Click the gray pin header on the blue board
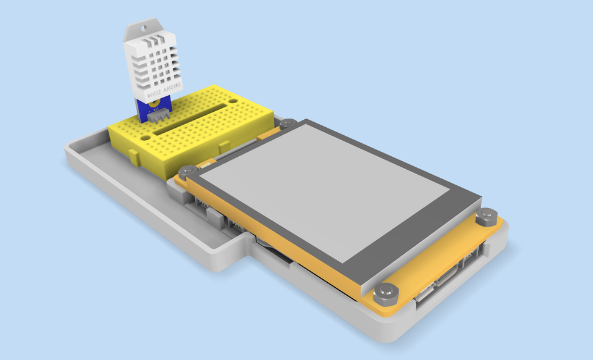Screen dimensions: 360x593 tap(160, 115)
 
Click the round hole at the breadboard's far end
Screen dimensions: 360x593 tap(233, 99)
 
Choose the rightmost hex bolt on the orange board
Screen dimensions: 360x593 tap(486, 217)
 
